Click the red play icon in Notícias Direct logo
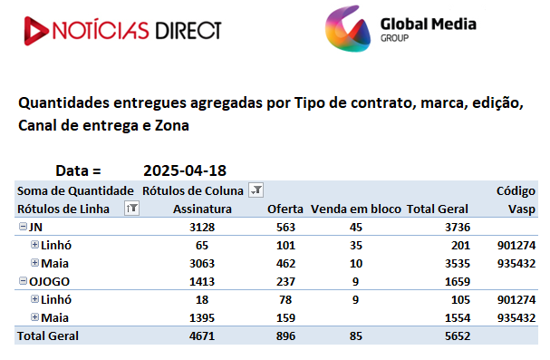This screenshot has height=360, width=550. point(35,31)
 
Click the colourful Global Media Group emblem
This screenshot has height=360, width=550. point(348,29)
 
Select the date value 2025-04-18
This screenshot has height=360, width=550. point(185,170)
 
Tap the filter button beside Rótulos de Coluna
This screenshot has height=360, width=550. point(256,190)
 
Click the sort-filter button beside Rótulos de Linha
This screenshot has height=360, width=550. point(132,209)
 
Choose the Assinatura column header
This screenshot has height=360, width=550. point(202,209)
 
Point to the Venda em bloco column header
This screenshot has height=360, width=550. point(356,209)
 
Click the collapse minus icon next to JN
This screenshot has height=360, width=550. point(23,227)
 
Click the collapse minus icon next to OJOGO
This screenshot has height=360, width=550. point(23,281)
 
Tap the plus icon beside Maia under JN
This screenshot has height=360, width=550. point(34,263)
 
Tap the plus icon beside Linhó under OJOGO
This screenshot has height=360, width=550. point(34,299)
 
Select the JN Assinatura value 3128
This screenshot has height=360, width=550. point(202,228)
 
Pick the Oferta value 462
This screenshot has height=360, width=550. point(286,264)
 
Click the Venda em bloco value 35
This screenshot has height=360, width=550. point(356,246)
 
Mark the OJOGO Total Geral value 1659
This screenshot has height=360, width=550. point(458,282)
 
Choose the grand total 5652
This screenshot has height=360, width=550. point(458,336)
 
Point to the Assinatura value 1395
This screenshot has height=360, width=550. point(202,318)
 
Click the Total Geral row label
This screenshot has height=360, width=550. point(48,336)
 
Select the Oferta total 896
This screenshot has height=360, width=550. point(286,336)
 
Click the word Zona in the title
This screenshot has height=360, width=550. point(172,126)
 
